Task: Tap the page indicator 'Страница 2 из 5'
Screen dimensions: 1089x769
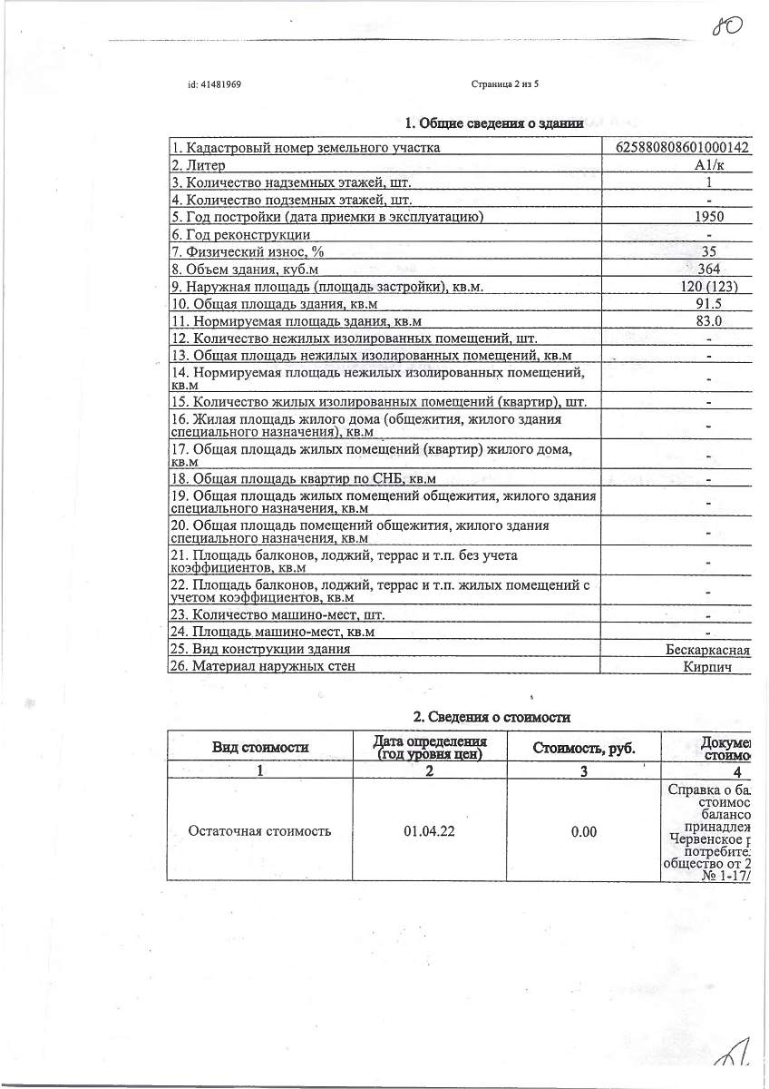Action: pos(505,84)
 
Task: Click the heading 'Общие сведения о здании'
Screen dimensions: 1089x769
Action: pos(493,123)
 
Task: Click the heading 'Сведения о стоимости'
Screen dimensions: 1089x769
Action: pos(492,717)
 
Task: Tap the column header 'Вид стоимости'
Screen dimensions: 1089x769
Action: pos(260,748)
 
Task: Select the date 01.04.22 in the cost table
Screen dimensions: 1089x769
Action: pos(429,830)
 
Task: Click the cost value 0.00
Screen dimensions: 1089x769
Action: pos(584,830)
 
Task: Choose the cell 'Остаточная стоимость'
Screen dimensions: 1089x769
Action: pos(259,830)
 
